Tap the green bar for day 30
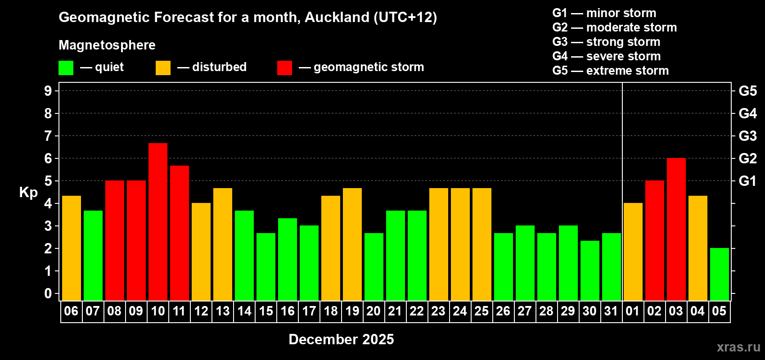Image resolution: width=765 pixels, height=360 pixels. pyautogui.click(x=590, y=270)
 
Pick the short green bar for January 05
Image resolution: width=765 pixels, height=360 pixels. pyautogui.click(x=720, y=274)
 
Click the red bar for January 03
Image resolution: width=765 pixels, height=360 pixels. pyautogui.click(x=676, y=229)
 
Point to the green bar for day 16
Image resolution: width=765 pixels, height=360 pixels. pyautogui.click(x=288, y=259)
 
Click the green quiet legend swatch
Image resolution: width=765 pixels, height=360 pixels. pyautogui.click(x=66, y=68)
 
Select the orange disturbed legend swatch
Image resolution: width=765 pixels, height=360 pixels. pyautogui.click(x=163, y=68)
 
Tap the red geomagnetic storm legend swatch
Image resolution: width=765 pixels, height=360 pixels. pyautogui.click(x=284, y=68)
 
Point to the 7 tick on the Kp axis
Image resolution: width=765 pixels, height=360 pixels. pyautogui.click(x=48, y=136)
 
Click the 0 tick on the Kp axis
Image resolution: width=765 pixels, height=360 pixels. pyautogui.click(x=48, y=294)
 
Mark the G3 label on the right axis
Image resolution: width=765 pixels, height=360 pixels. pyautogui.click(x=747, y=136)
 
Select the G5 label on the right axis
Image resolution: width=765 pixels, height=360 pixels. pyautogui.click(x=747, y=91)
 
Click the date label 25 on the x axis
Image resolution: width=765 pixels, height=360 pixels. pyautogui.click(x=481, y=311)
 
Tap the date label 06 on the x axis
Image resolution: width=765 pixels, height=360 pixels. pyautogui.click(x=71, y=311)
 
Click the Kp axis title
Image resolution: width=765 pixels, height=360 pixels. pyautogui.click(x=28, y=192)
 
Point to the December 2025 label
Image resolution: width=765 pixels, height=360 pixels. pyautogui.click(x=341, y=339)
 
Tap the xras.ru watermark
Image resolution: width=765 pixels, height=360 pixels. pyautogui.click(x=738, y=347)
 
